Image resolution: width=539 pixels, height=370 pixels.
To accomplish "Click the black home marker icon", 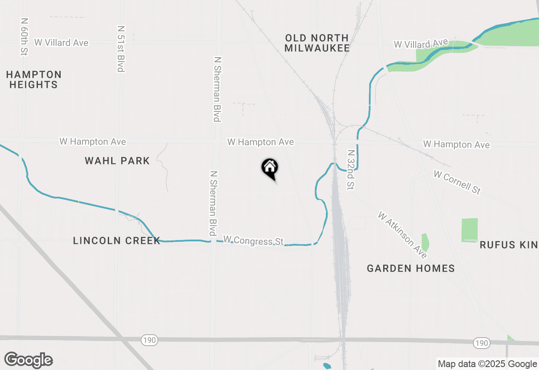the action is (x=270, y=168).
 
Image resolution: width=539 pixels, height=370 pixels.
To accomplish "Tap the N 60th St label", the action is (x=23, y=37).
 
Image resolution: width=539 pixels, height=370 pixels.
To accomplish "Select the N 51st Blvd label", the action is (x=121, y=48).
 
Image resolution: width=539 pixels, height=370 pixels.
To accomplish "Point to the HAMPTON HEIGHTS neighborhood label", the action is (x=34, y=79).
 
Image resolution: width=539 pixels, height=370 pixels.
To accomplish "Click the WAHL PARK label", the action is (x=117, y=161).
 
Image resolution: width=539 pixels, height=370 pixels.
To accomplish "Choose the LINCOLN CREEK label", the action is (x=117, y=240).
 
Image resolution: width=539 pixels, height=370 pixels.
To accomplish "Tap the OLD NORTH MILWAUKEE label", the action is (x=317, y=43).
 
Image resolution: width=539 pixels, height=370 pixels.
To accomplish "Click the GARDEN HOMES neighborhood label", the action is (x=411, y=268).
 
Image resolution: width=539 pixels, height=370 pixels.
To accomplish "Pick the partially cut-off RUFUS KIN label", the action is (x=509, y=245).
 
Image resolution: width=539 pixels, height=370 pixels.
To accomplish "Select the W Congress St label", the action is (x=253, y=240).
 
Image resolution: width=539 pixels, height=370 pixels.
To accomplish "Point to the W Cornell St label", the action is (x=457, y=182).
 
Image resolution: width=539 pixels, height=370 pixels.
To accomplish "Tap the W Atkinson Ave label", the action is (x=402, y=235).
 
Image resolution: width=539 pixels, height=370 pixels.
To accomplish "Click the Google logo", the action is (x=29, y=360).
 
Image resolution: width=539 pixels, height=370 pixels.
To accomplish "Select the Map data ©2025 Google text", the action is (x=487, y=364).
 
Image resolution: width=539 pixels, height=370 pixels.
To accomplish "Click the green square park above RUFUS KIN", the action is (x=470, y=230).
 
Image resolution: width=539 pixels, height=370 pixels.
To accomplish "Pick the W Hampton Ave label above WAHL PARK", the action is (x=93, y=142).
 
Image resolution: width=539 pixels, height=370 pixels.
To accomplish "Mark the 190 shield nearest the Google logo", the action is (x=149, y=340).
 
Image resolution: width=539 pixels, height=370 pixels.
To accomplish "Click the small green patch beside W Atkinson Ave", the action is (x=425, y=242).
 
